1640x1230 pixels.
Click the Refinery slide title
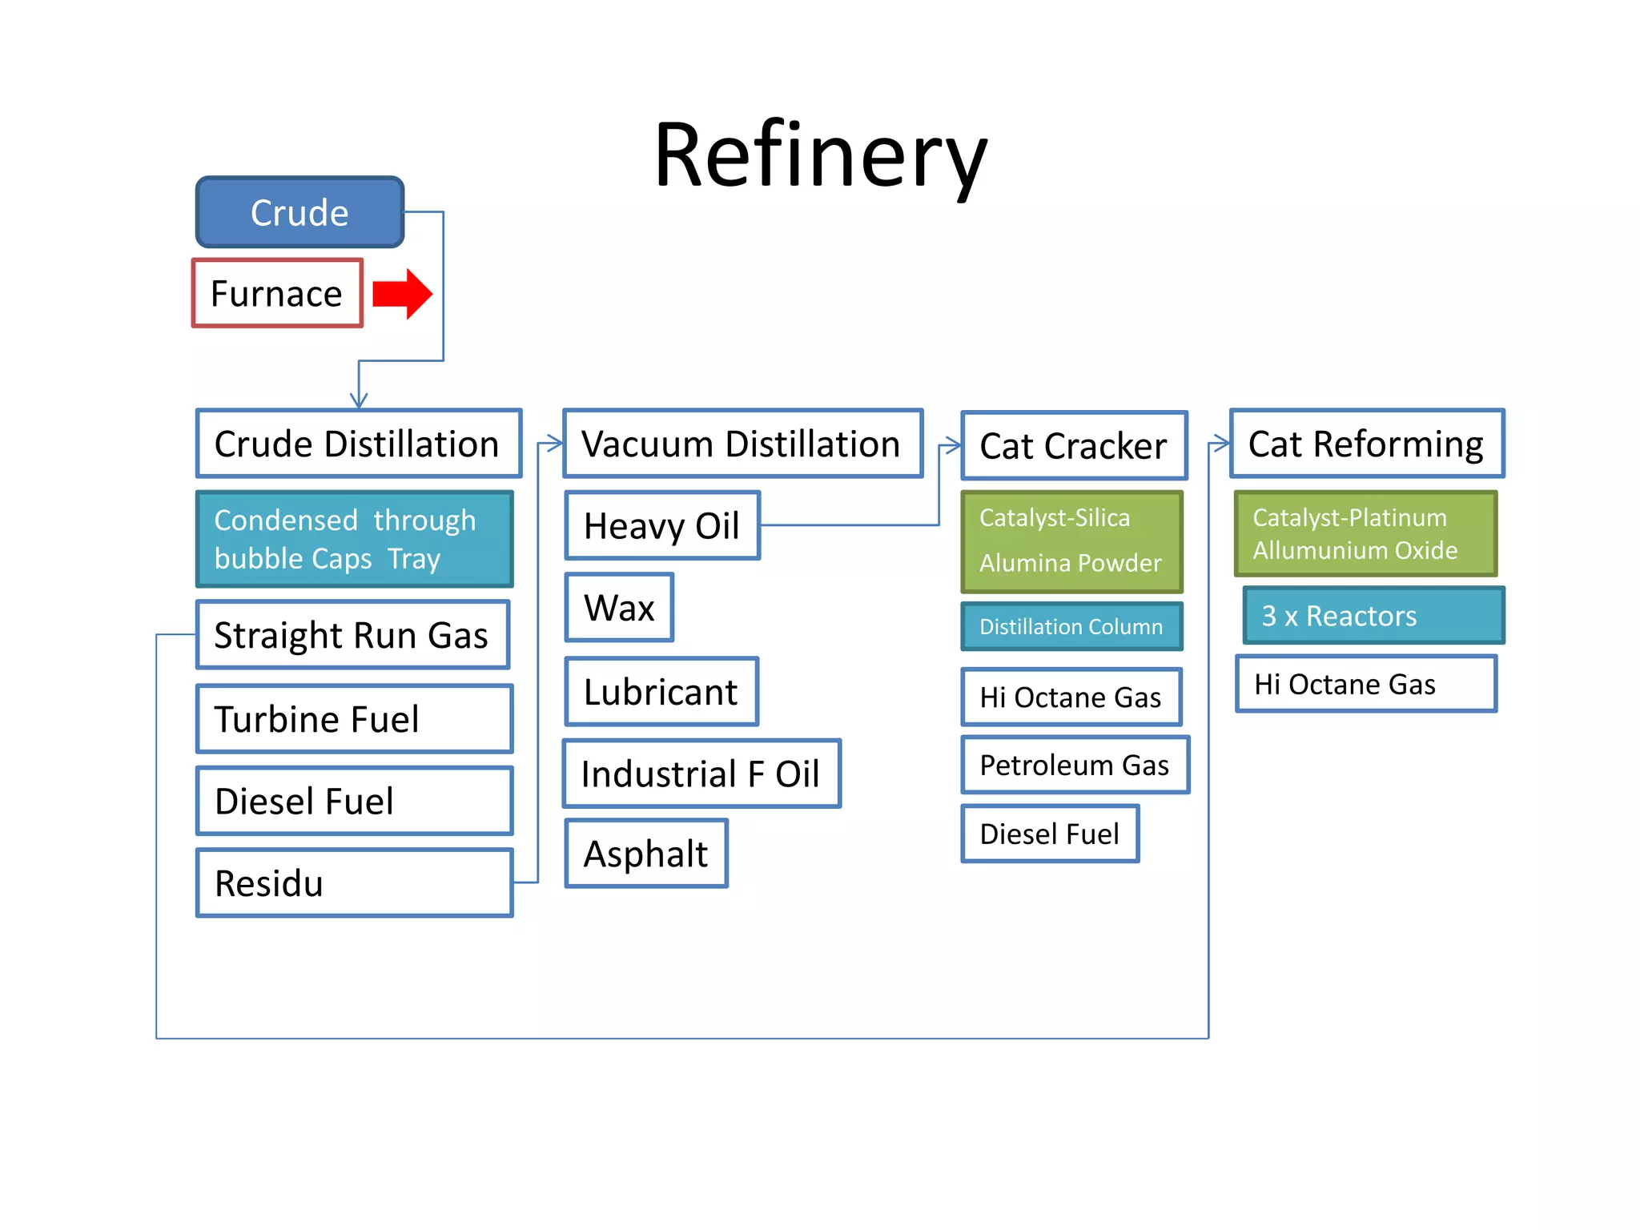point(820,156)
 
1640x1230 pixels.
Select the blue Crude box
point(299,212)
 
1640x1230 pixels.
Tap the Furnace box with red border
point(277,293)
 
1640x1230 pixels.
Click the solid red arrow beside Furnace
point(403,294)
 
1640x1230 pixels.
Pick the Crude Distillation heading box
point(358,444)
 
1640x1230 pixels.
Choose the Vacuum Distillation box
point(742,444)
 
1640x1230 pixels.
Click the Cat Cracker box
point(1073,446)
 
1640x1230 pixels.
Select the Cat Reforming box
point(1366,444)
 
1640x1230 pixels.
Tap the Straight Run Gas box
point(352,635)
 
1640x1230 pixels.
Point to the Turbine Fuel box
point(354,718)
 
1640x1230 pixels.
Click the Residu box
point(354,882)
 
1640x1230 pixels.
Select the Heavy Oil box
point(661,525)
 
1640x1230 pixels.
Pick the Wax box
point(619,607)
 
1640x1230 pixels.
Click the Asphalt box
point(645,853)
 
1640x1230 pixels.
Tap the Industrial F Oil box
point(701,774)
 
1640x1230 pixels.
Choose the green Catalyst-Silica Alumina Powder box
point(1071,541)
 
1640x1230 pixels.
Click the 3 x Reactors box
point(1373,615)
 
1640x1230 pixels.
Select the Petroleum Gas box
point(1075,765)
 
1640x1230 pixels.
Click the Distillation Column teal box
point(1071,626)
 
